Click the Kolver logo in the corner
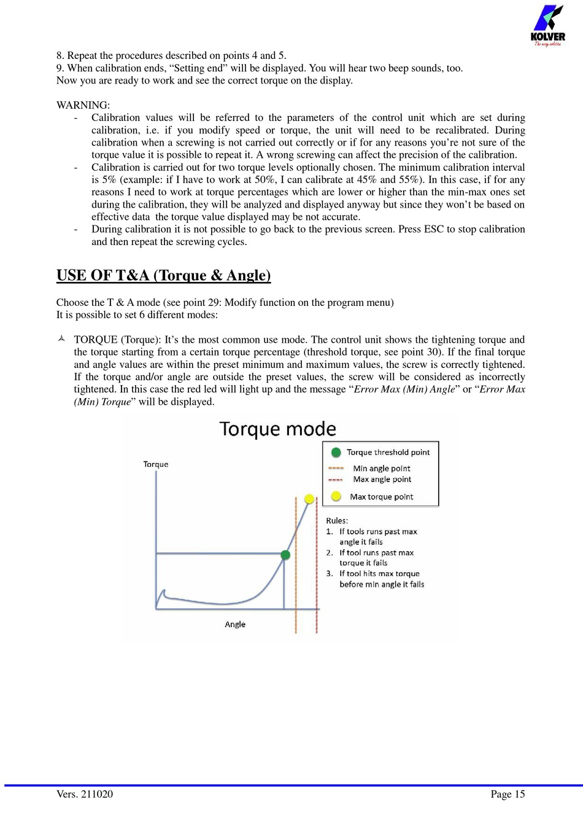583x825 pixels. [x=547, y=25]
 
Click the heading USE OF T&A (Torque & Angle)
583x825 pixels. [x=163, y=275]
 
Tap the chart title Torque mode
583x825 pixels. [x=277, y=429]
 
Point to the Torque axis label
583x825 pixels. [x=156, y=464]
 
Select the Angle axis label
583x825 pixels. [x=235, y=624]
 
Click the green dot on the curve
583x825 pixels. [x=285, y=555]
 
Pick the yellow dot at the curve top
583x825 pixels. [x=309, y=499]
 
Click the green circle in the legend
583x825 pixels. [x=336, y=452]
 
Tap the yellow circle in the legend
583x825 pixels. [x=336, y=496]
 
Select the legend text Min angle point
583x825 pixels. [x=382, y=468]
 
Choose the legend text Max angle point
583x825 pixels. [x=382, y=479]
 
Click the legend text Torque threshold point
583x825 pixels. [x=388, y=452]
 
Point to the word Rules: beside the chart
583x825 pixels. [x=337, y=520]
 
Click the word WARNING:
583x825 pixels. [x=83, y=105]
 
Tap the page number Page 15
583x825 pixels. [x=508, y=794]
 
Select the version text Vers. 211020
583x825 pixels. [x=85, y=794]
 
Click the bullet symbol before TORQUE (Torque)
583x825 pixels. [x=61, y=339]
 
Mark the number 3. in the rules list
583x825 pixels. [x=330, y=574]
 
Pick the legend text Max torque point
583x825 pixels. [x=381, y=496]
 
